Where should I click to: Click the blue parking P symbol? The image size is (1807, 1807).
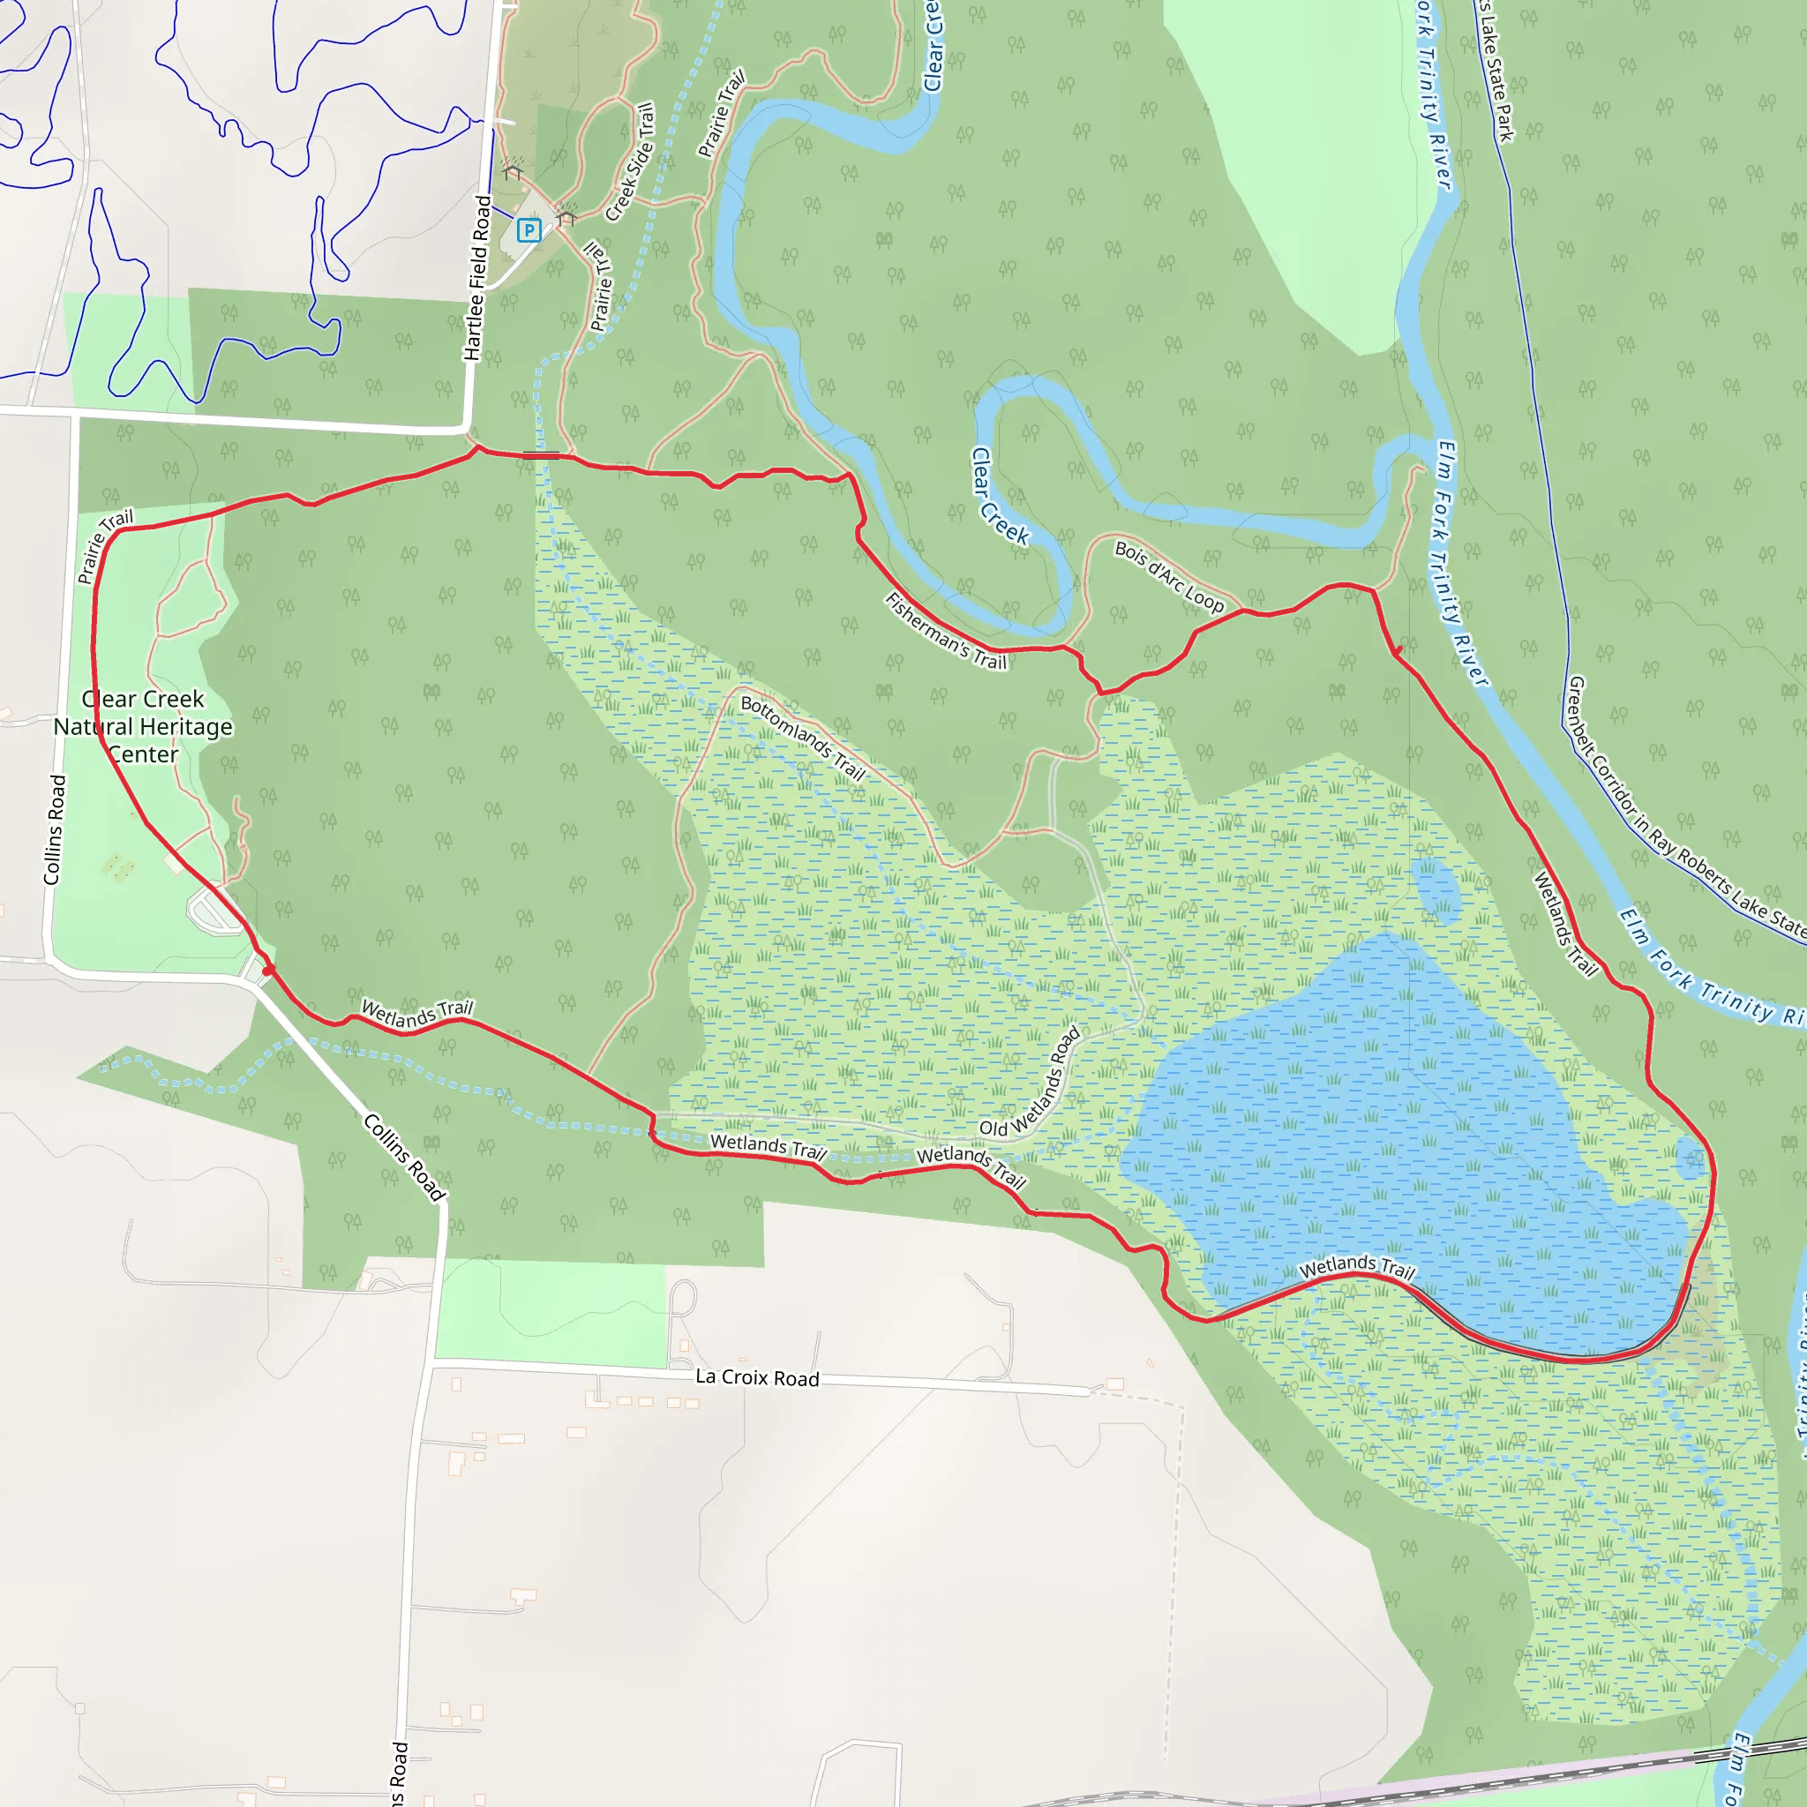pyautogui.click(x=529, y=230)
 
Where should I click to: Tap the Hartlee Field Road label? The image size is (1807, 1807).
pyautogui.click(x=478, y=278)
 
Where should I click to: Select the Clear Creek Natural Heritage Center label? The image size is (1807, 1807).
pyautogui.click(x=143, y=727)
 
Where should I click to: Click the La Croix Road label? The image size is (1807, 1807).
pyautogui.click(x=757, y=1377)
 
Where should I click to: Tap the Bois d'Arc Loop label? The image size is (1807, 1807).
pyautogui.click(x=1168, y=576)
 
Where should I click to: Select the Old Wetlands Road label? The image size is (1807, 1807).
pyautogui.click(x=1031, y=1083)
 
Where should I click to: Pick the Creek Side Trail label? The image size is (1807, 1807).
pyautogui.click(x=630, y=161)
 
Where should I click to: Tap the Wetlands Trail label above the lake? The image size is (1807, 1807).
pyautogui.click(x=1356, y=1267)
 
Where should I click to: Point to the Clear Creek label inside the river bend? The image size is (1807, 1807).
pyautogui.click(x=999, y=497)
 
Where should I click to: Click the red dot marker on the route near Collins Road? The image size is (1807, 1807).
pyautogui.click(x=267, y=971)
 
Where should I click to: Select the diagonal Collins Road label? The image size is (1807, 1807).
pyautogui.click(x=404, y=1156)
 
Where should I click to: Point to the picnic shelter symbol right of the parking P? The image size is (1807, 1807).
pyautogui.click(x=566, y=218)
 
